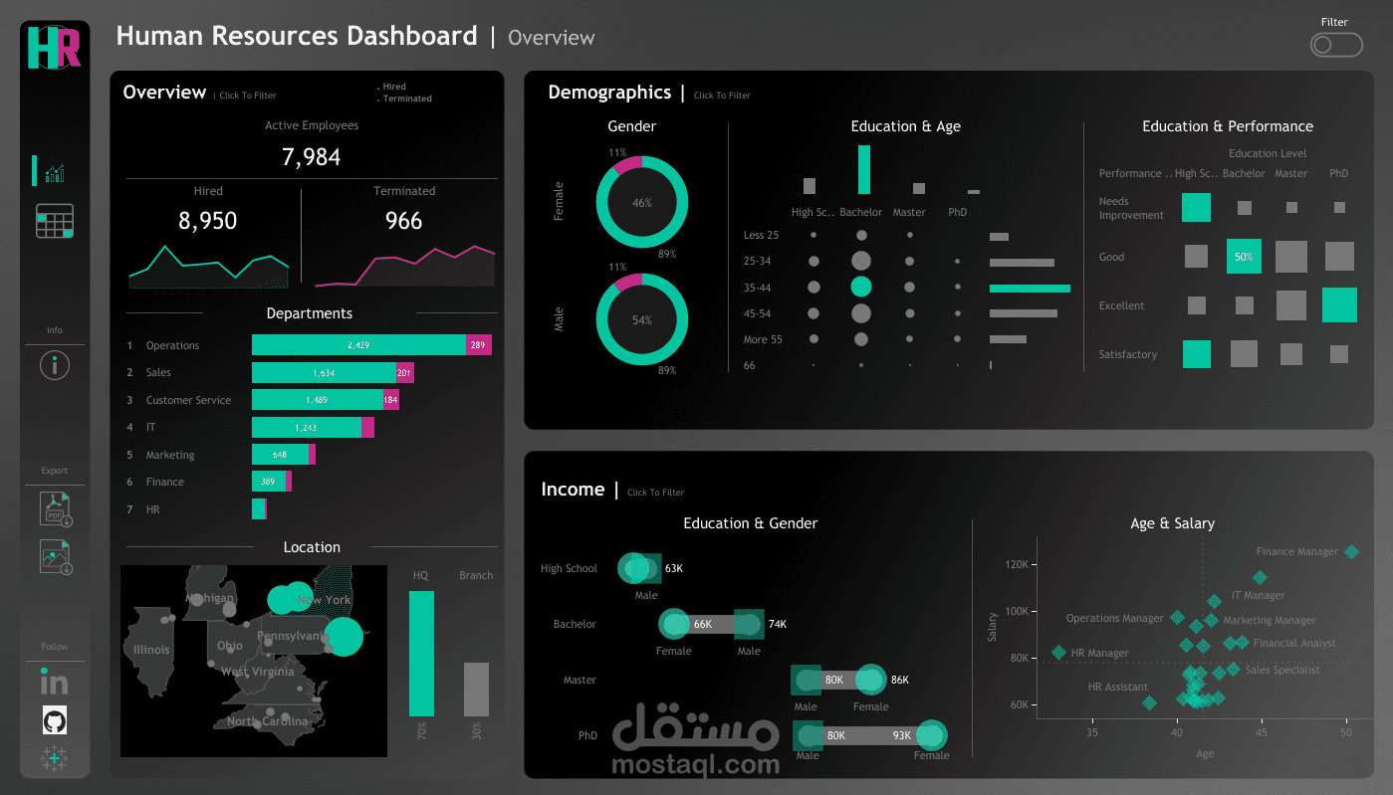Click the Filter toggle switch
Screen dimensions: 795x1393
(1336, 45)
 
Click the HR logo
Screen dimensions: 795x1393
(54, 47)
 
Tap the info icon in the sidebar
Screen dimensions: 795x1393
(55, 365)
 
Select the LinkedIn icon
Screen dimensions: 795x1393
(54, 682)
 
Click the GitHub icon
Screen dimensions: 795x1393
(55, 719)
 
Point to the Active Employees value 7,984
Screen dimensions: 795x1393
(311, 157)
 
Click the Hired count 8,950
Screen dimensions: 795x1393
(207, 221)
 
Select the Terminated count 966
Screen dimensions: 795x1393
(403, 221)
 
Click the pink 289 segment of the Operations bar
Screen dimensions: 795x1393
(479, 345)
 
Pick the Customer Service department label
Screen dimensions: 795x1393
(188, 400)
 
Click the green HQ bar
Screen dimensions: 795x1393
(421, 653)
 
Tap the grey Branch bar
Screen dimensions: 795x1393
(476, 689)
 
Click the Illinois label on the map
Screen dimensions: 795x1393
(145, 650)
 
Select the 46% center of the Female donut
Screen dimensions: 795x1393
(642, 203)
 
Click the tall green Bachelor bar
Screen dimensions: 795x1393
(864, 170)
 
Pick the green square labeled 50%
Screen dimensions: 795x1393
(1244, 257)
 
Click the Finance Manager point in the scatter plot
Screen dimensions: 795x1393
(1351, 551)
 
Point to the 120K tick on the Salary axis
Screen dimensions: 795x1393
(1017, 564)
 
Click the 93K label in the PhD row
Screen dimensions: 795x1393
(902, 735)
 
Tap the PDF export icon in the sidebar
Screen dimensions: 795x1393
(55, 507)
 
